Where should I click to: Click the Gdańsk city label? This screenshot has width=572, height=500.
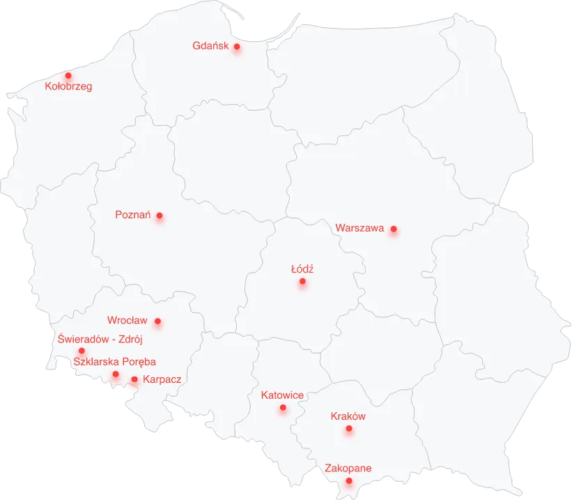pos(210,46)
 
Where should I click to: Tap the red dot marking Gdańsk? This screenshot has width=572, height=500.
pos(237,47)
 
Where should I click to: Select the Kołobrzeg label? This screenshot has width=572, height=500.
pos(68,87)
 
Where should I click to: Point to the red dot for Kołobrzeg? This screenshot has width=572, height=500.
pos(68,75)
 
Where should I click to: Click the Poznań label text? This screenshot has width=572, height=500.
pos(133,215)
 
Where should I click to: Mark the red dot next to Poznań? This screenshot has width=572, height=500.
pos(160,215)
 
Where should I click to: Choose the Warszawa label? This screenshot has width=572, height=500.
pos(360,228)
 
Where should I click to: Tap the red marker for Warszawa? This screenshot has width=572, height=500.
pos(394,229)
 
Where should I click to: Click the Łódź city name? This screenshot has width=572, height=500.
pos(302,268)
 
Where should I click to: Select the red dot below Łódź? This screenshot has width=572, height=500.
pos(302,282)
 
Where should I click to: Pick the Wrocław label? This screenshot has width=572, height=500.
pos(127,321)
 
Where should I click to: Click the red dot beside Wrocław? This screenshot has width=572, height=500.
pos(157,321)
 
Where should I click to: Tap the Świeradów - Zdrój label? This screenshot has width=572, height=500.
pos(100,340)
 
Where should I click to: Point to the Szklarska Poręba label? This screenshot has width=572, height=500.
pos(114,362)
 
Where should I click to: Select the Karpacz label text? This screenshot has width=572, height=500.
pos(162,379)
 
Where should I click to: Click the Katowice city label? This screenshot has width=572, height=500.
pos(282,395)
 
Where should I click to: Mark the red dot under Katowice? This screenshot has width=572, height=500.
pos(283,408)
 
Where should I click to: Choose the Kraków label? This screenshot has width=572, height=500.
pos(348,416)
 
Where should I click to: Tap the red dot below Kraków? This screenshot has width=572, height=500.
pos(349,429)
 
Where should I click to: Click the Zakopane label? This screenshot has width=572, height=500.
pos(348,469)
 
